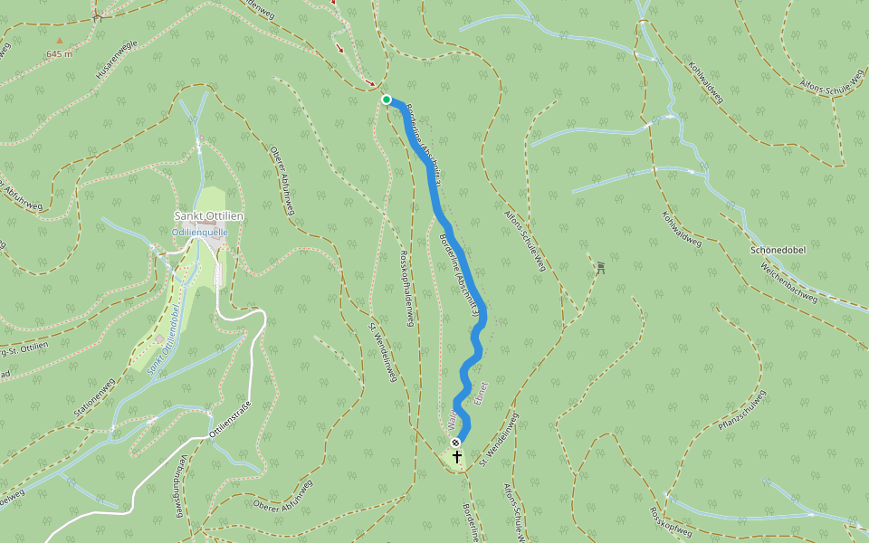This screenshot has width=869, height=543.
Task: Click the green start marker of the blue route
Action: click(x=387, y=100)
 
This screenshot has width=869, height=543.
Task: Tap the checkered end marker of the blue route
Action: click(x=455, y=443)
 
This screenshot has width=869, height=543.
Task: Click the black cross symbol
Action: click(x=457, y=457)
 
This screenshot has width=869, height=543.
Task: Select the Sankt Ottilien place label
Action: click(x=209, y=216)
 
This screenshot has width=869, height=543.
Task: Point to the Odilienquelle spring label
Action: click(x=200, y=232)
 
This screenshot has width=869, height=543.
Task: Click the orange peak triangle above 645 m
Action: click(x=60, y=41)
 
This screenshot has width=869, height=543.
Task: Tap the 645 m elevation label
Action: click(x=60, y=54)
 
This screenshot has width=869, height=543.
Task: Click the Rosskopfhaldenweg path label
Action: click(x=405, y=291)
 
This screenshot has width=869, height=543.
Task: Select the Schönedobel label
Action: click(x=778, y=250)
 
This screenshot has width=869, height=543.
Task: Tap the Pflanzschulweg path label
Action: click(x=742, y=417)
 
